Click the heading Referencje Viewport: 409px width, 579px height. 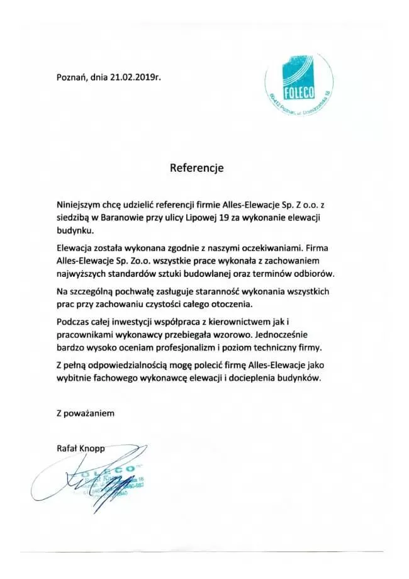coord(196,169)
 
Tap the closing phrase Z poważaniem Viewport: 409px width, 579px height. coord(85,413)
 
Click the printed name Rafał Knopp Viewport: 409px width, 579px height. coord(80,448)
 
